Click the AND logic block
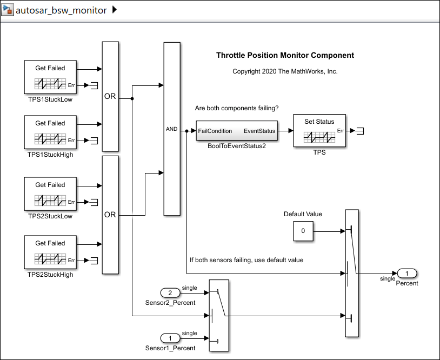(171, 129)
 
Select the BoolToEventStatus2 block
(236, 131)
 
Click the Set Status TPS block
(319, 130)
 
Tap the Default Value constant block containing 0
(303, 231)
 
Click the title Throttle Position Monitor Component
(285, 55)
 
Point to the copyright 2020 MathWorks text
(285, 71)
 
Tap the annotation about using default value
(246, 260)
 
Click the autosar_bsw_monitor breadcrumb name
(61, 10)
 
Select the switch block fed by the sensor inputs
(219, 315)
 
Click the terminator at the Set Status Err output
(361, 131)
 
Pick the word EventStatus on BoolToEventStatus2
(259, 131)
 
